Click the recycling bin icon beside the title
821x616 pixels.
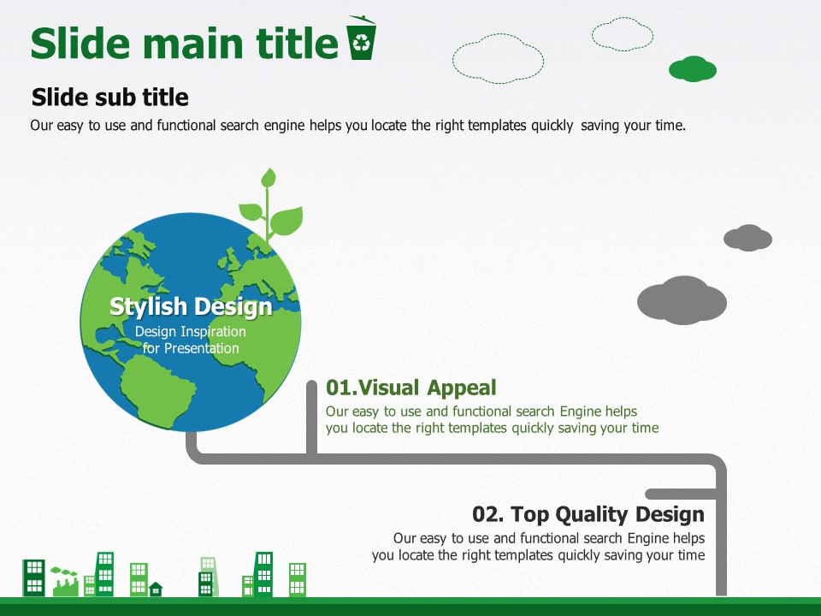(x=361, y=38)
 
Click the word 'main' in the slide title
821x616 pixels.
(x=192, y=44)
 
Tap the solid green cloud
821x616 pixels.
(x=692, y=68)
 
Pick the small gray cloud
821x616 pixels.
(x=747, y=238)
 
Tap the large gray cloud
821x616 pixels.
(x=682, y=300)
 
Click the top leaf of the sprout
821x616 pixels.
(x=269, y=178)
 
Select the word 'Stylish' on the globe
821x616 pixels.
(x=148, y=307)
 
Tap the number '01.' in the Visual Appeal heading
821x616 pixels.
(x=341, y=388)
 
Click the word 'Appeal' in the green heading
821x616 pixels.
(x=461, y=388)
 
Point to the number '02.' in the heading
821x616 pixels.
(x=488, y=514)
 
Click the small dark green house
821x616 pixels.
(x=156, y=589)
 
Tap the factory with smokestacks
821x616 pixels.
(x=66, y=587)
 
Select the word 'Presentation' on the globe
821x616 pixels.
(x=202, y=348)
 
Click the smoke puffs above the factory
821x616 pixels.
(x=63, y=571)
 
